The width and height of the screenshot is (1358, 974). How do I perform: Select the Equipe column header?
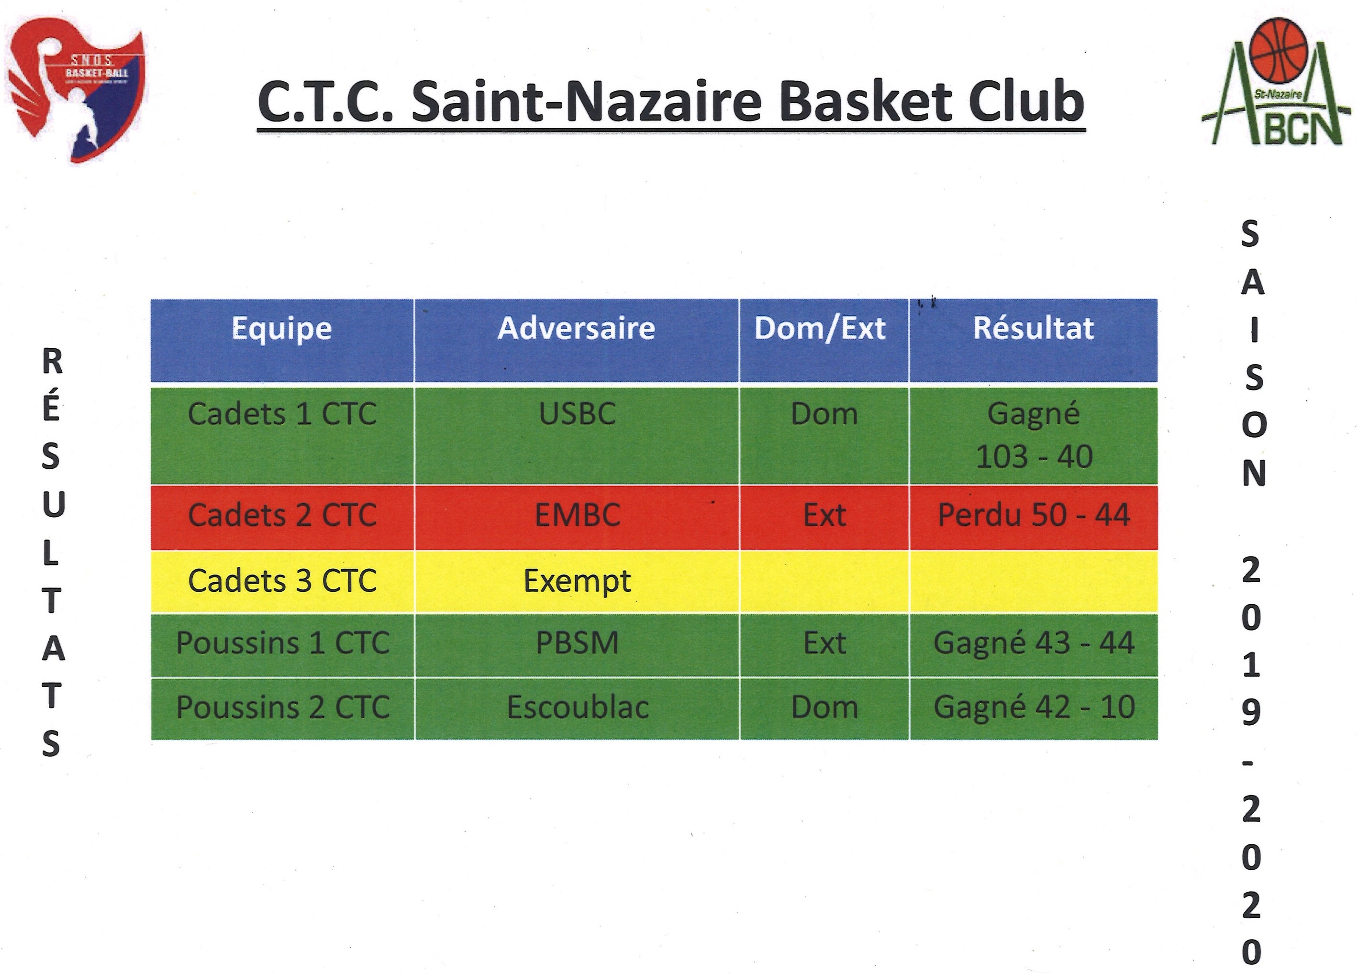tap(281, 328)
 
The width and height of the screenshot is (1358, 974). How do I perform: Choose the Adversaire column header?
tap(577, 328)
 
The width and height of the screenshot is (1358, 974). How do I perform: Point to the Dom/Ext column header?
tap(820, 328)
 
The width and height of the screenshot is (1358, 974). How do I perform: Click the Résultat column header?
tap(1034, 328)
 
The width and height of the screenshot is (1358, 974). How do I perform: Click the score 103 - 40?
tap(1034, 457)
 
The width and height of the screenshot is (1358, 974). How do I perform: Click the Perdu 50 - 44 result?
tap(1034, 515)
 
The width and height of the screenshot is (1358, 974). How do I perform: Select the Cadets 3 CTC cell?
tap(282, 581)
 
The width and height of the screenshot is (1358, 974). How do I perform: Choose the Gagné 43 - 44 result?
tap(1034, 643)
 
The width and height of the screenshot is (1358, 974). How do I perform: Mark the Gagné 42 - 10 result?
tap(1034, 708)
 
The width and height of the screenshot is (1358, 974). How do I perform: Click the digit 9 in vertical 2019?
tap(1251, 712)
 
